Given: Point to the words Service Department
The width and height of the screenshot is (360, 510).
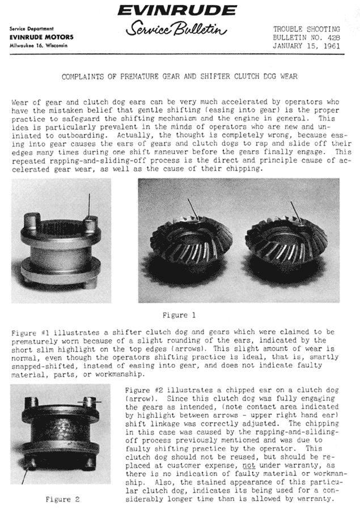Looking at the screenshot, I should (31, 29).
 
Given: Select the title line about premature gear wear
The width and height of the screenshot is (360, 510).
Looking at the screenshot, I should (180, 76).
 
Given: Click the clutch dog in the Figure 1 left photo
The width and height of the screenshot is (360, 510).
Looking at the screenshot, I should (59, 249).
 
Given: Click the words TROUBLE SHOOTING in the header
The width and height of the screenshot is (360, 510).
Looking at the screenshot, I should (307, 28).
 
